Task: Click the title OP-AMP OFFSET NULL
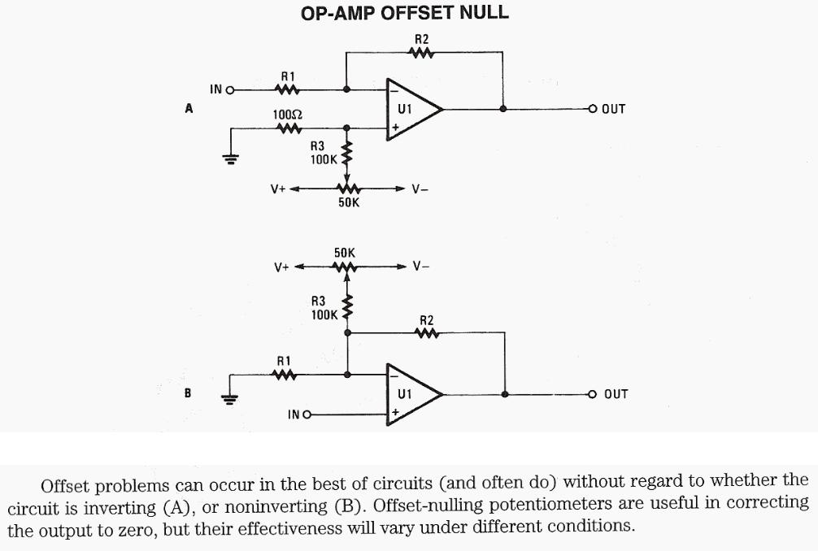tap(405, 14)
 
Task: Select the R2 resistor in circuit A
tap(421, 54)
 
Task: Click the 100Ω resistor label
tap(288, 115)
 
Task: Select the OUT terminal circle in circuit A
tap(593, 108)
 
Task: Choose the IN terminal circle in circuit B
tap(307, 414)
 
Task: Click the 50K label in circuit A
tap(348, 202)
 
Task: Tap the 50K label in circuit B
tap(345, 254)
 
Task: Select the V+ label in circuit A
tap(278, 189)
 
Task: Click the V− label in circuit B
tap(420, 266)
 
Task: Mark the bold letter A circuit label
tap(189, 108)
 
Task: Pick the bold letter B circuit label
tap(188, 393)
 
